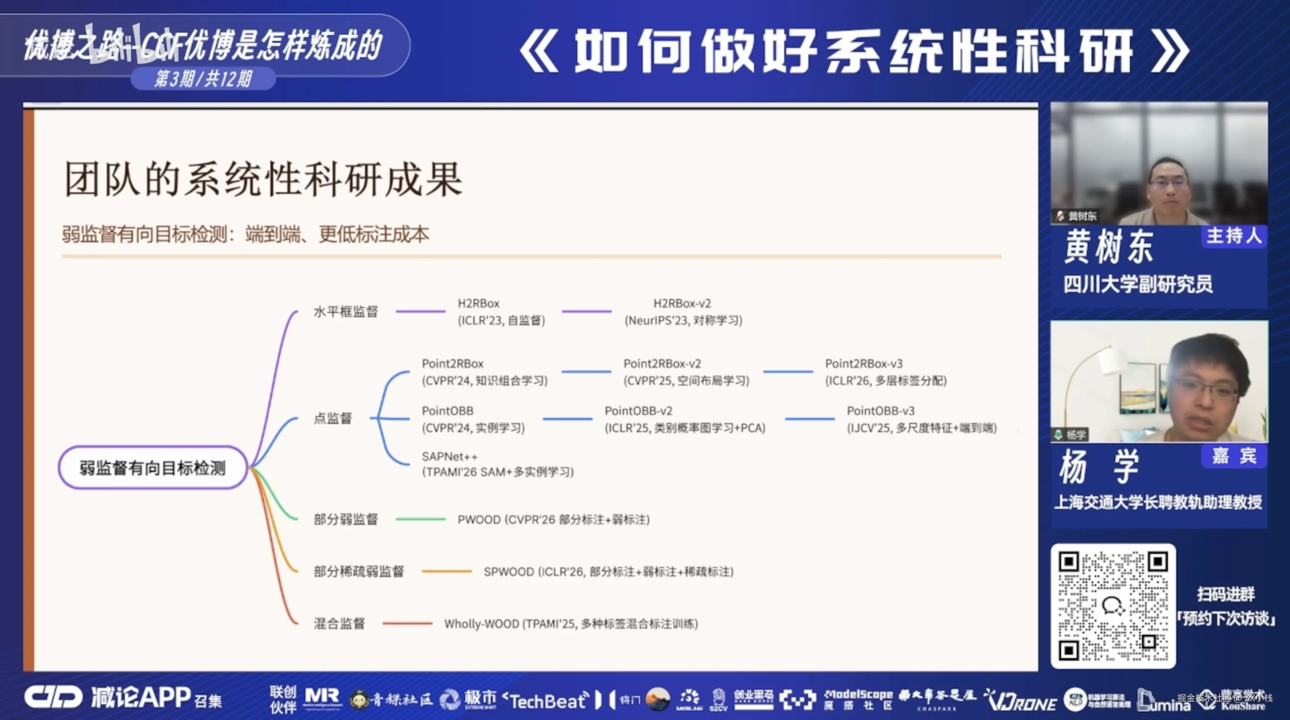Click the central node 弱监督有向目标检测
click(x=153, y=468)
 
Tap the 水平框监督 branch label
click(x=346, y=311)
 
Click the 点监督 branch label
click(x=333, y=418)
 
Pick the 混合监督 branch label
click(x=339, y=624)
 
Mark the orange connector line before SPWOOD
click(x=446, y=571)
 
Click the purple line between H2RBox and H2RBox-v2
click(x=586, y=311)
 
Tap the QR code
click(x=1113, y=606)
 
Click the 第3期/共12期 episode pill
click(x=203, y=78)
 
